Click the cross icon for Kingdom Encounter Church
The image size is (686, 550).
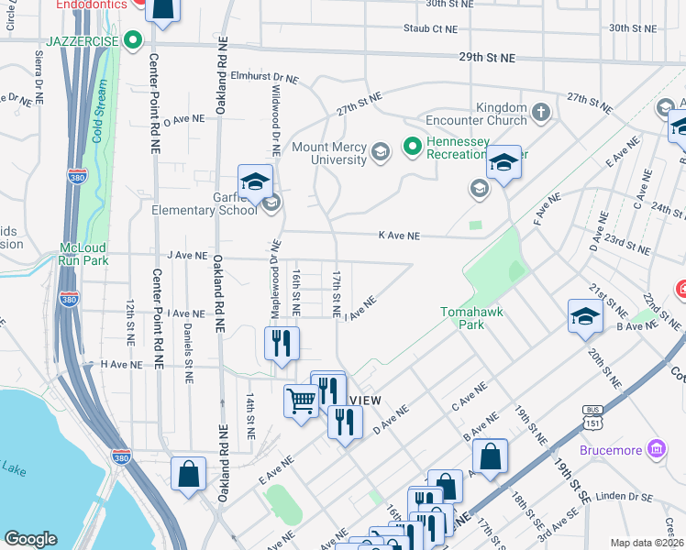pos(541,113)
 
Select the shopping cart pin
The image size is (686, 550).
pos(301,400)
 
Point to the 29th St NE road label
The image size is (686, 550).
pos(487,58)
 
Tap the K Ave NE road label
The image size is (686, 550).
pos(399,236)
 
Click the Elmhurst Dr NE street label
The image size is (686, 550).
pos(264,79)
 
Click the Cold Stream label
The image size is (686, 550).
pos(98,114)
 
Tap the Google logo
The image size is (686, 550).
pos(30,539)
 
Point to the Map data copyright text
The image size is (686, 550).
pos(646,543)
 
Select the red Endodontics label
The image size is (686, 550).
pos(92,5)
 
